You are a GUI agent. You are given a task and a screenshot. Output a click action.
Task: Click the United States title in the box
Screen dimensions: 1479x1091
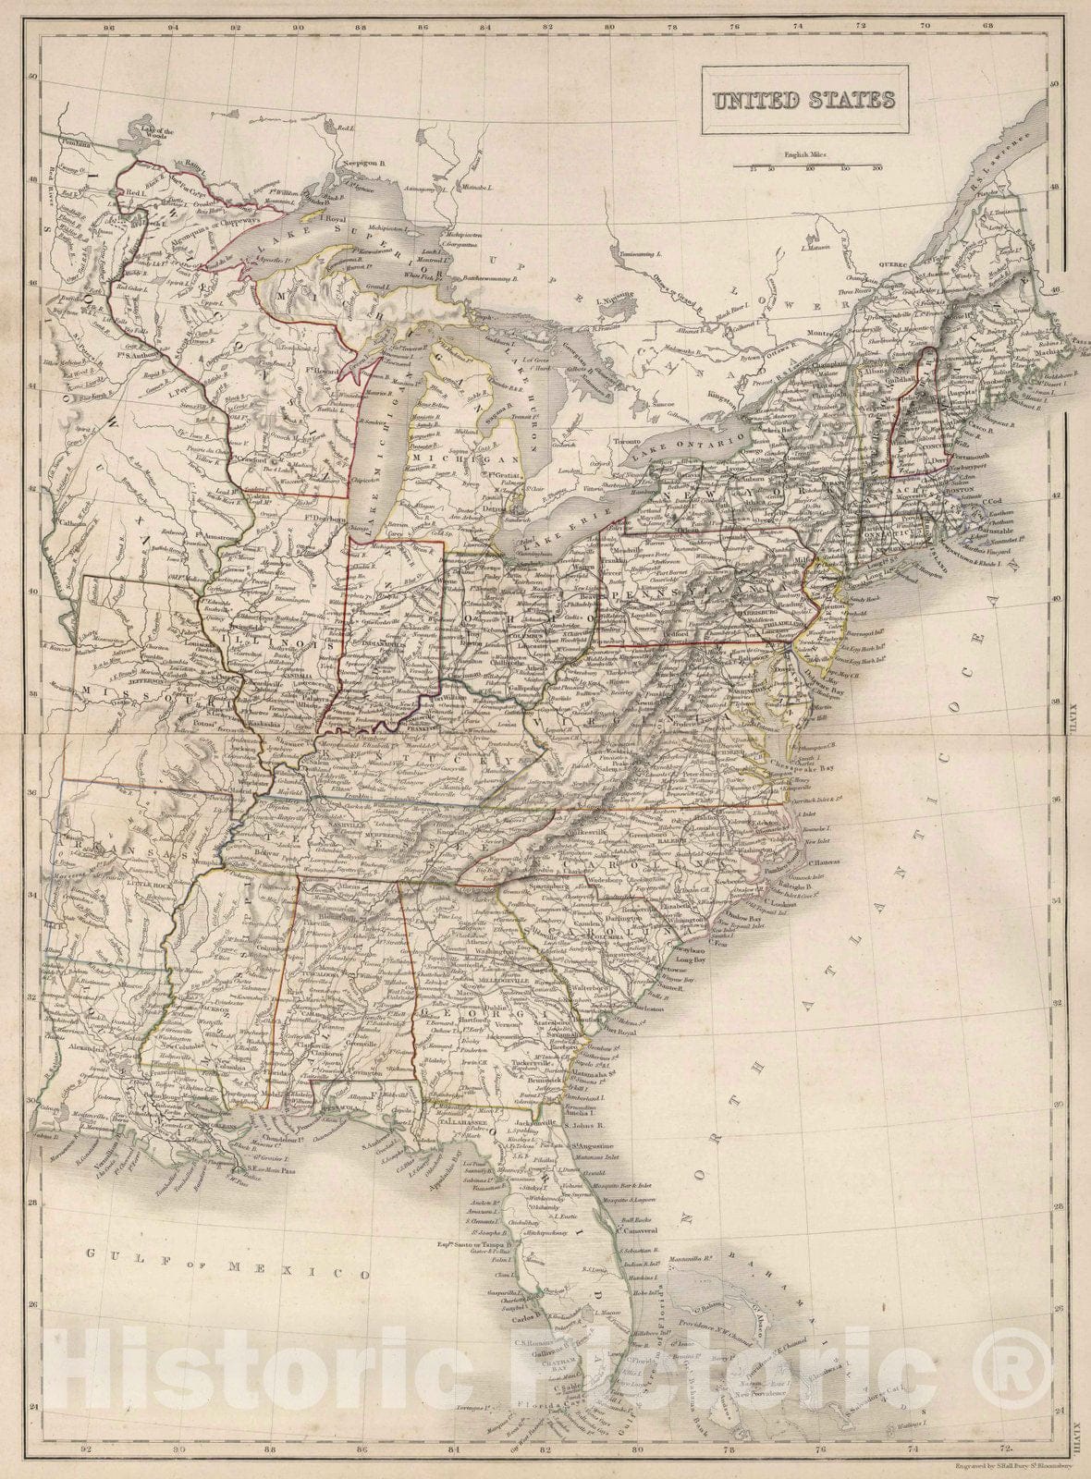coord(802,100)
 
